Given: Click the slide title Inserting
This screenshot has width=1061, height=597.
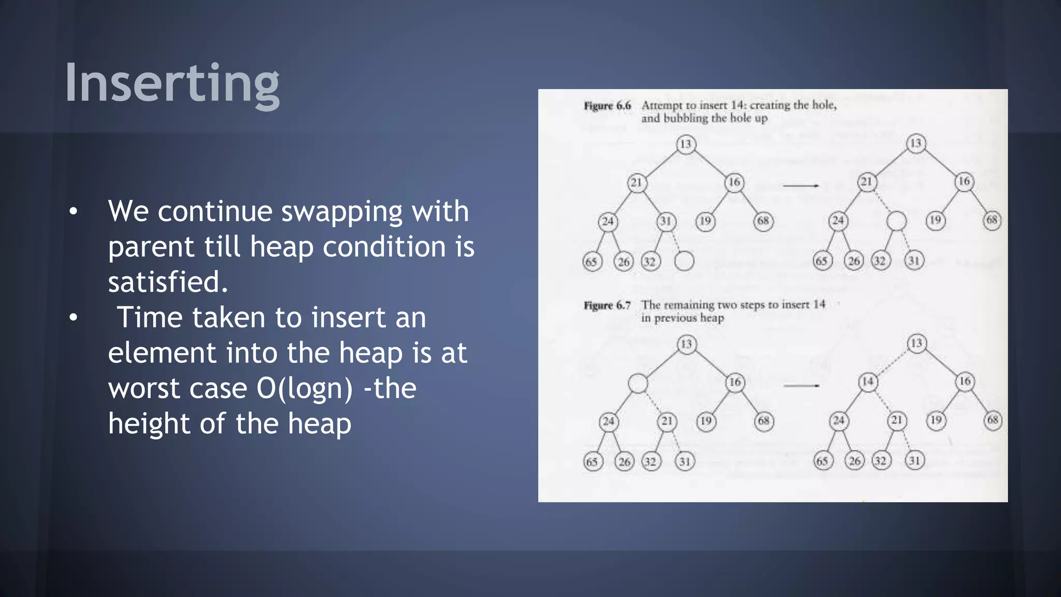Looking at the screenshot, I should point(172,83).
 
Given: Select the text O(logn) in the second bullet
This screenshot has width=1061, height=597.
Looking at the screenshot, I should point(305,388).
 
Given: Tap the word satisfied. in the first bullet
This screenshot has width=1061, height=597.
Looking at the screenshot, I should point(168,282).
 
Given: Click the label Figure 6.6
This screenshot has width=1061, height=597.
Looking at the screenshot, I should point(607,106).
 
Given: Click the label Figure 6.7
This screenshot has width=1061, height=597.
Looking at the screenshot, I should point(607,305).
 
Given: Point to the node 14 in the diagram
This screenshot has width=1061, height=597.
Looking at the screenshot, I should point(868,382).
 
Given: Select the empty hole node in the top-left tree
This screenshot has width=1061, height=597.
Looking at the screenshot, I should point(684,261).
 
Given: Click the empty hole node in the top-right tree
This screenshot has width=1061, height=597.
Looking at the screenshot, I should point(897,221).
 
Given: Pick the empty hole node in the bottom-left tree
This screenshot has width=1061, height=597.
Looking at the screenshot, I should point(638,383).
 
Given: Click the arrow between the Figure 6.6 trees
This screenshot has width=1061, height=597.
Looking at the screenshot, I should point(800,186).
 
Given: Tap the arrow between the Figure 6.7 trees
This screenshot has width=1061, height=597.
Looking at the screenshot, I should point(801,386).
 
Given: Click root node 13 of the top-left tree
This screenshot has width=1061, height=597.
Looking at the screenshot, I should point(685,144).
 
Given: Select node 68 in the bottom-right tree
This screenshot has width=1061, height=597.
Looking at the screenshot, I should point(993,420).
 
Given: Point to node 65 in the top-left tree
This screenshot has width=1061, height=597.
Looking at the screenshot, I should point(592,261).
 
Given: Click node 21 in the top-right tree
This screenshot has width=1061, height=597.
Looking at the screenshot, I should point(867,182).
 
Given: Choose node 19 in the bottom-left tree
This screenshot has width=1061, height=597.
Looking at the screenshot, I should point(706,421).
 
